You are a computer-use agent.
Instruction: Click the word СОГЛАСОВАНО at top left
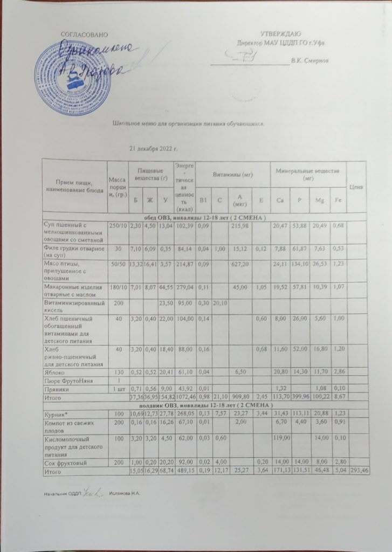pos(81,34)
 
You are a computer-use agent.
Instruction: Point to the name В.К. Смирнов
pos(310,60)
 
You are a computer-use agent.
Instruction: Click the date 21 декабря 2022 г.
pos(154,148)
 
